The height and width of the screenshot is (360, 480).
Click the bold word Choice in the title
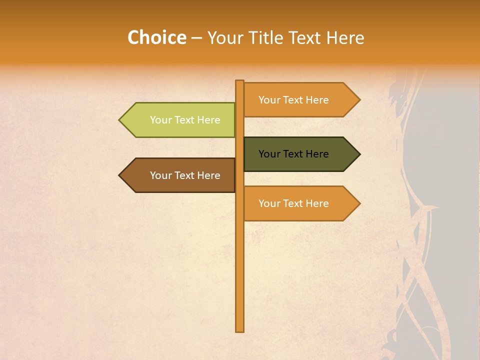click(x=156, y=38)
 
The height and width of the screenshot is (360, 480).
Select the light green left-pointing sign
click(x=180, y=120)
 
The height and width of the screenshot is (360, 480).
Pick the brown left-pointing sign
click(x=180, y=175)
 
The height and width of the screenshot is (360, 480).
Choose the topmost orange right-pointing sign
click(x=297, y=100)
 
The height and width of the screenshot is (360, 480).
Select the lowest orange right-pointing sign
click(x=297, y=203)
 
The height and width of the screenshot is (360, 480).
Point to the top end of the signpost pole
click(x=240, y=81)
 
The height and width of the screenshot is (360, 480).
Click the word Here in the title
click(x=345, y=38)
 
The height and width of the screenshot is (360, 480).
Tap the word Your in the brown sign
click(x=160, y=175)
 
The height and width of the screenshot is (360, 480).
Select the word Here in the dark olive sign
click(x=316, y=154)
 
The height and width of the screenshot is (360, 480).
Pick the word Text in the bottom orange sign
click(x=293, y=203)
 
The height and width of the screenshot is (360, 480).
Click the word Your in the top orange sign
click(x=269, y=100)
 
